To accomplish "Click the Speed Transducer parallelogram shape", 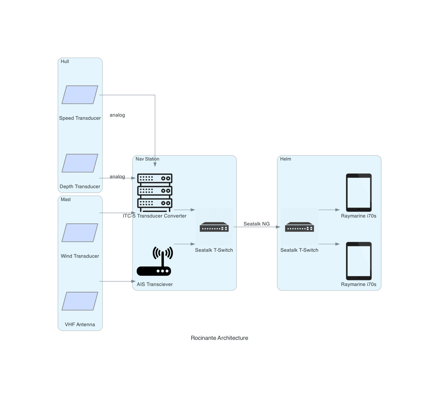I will point(80,95).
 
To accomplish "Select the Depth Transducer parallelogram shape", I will point(80,163).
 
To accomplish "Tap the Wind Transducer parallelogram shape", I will point(80,233).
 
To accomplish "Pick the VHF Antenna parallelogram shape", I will point(80,301).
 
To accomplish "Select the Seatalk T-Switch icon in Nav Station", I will point(214,227).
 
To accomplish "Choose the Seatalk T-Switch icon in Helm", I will point(299,227).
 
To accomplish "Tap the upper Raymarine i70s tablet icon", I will point(359,192).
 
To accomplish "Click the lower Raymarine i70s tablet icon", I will point(359,261).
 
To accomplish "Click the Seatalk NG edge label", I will point(256,224).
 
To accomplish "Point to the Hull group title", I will point(65,61).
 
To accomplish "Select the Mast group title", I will point(66,199).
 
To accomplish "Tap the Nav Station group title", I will point(147,159).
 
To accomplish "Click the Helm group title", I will point(286,159).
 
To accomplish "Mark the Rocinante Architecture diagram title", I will point(219,338).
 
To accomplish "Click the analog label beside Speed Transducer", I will point(117,115).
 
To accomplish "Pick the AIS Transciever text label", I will point(155,284).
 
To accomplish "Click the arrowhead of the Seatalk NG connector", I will point(278,227).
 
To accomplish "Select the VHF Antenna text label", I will point(80,324).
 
